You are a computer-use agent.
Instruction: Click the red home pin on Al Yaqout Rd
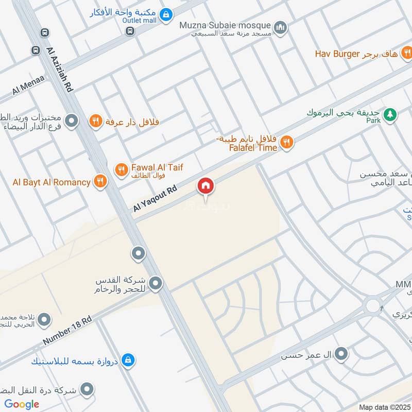pos(205,186)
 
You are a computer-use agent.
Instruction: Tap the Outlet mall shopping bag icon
pos(165,15)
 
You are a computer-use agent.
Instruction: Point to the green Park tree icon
pos(390,114)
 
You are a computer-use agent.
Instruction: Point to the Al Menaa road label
pos(28,87)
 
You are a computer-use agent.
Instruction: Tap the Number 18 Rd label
pos(67,331)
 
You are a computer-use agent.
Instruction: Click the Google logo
pos(22,404)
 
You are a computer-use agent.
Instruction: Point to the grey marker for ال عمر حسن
pos(340,353)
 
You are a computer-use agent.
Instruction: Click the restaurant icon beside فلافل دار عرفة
pos(95,122)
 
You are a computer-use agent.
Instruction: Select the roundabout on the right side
pos(373,305)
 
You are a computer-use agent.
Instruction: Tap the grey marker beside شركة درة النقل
pos(88,389)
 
